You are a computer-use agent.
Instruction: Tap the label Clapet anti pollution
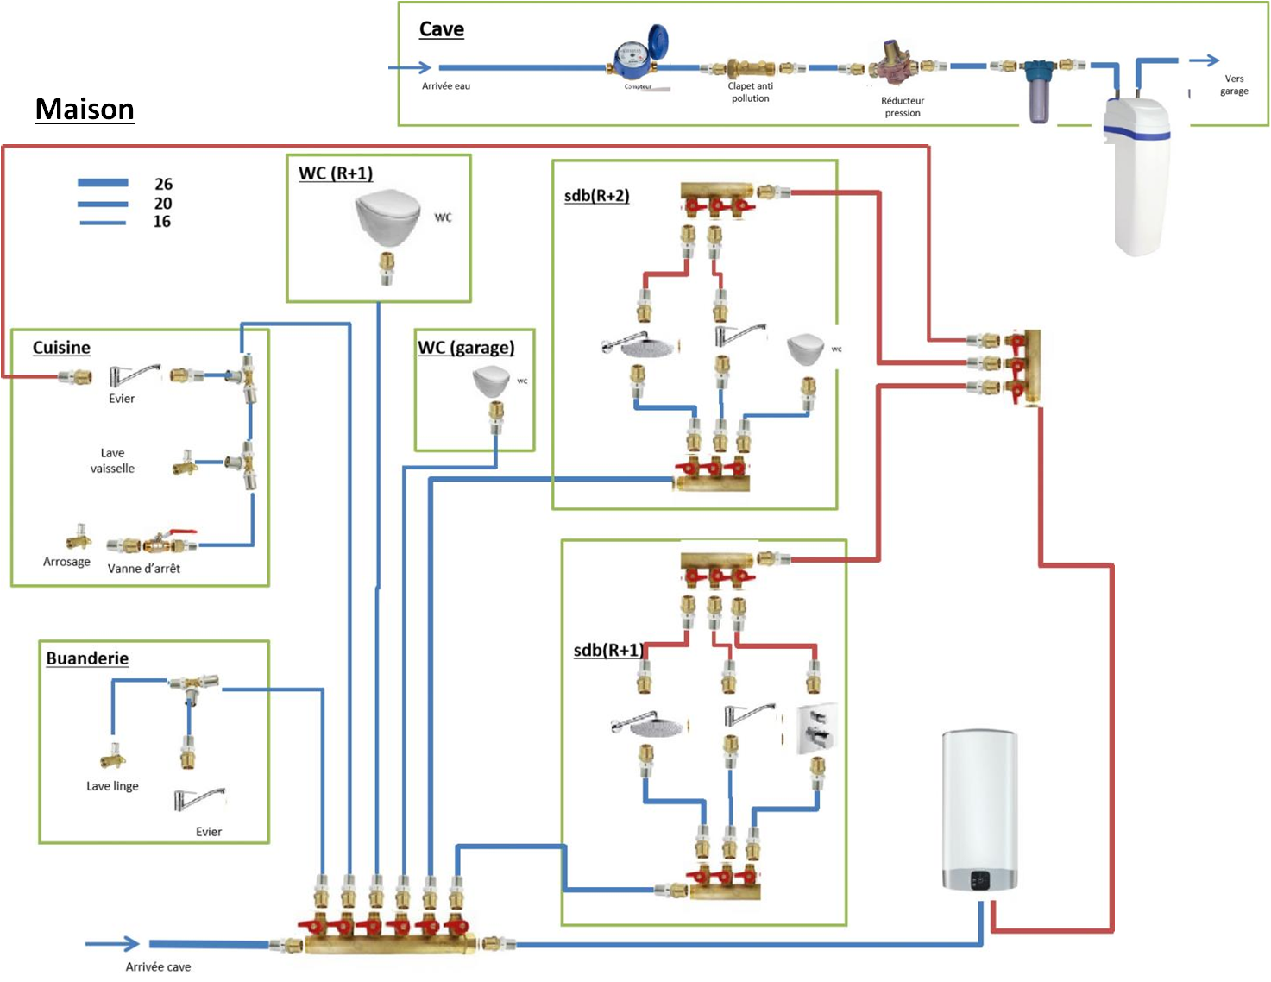pyautogui.click(x=750, y=92)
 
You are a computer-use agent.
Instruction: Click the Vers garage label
pyautogui.click(x=1234, y=85)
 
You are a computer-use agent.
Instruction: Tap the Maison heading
pyautogui.click(x=85, y=110)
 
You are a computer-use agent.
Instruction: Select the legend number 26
pyautogui.click(x=163, y=184)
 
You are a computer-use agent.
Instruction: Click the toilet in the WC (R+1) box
pyautogui.click(x=387, y=217)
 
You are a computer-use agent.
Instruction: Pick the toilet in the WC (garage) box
pyautogui.click(x=492, y=381)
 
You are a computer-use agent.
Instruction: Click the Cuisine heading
pyautogui.click(x=61, y=348)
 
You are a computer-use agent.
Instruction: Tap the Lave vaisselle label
pyautogui.click(x=112, y=461)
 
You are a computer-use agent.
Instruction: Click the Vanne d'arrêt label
pyautogui.click(x=144, y=569)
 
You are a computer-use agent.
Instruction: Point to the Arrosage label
pyautogui.click(x=66, y=562)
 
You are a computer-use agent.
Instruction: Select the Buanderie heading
pyautogui.click(x=87, y=658)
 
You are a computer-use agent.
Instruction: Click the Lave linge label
pyautogui.click(x=112, y=786)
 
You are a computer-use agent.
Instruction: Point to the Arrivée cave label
pyautogui.click(x=158, y=966)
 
